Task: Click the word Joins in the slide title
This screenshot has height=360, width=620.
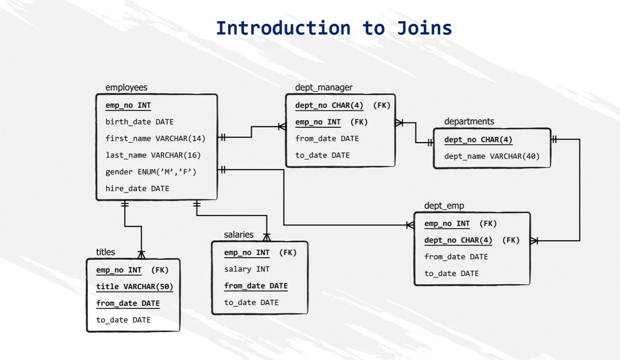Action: click(x=424, y=28)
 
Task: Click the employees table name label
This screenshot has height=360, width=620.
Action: click(x=126, y=87)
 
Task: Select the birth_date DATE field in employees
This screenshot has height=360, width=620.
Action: click(x=139, y=122)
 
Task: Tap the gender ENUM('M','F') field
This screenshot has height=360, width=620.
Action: click(x=151, y=172)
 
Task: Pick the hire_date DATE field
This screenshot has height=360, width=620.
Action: click(x=137, y=188)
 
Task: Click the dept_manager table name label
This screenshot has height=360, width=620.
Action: click(x=324, y=87)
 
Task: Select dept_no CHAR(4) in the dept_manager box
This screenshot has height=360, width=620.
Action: click(x=329, y=106)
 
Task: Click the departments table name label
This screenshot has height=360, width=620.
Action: click(x=469, y=121)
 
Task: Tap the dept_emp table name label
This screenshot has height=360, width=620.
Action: click(x=444, y=206)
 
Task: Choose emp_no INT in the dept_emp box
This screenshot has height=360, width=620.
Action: click(x=447, y=224)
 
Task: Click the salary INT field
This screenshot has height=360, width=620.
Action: click(x=246, y=269)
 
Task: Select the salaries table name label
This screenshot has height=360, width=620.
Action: click(x=238, y=234)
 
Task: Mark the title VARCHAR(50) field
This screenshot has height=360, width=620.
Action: click(x=135, y=287)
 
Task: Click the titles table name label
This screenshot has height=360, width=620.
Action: click(x=105, y=252)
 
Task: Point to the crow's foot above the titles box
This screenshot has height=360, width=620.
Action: click(x=141, y=253)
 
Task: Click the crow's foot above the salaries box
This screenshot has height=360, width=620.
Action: click(x=267, y=236)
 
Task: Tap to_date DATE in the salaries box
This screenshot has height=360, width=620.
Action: click(x=251, y=303)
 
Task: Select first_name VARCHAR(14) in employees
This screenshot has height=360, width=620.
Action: click(x=155, y=138)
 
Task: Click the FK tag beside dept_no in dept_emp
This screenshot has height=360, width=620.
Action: click(x=511, y=240)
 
